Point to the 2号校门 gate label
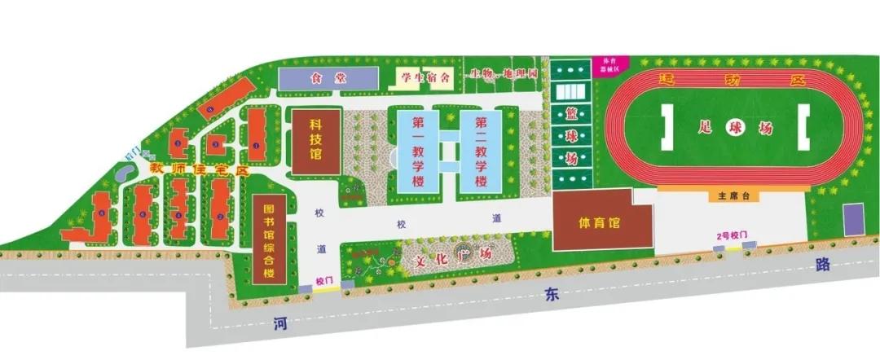731,236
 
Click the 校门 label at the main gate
325,279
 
